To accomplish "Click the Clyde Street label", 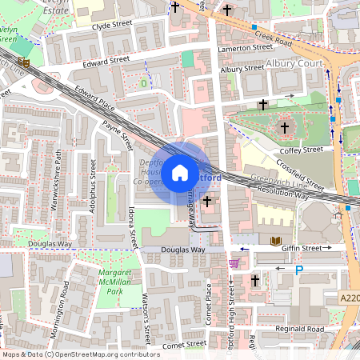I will [x=112, y=25].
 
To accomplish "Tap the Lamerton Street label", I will [x=247, y=48].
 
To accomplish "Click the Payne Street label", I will [x=117, y=136].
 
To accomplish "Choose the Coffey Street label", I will [x=302, y=150].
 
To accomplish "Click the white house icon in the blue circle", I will [x=180, y=172].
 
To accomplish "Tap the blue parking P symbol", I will [x=299, y=270].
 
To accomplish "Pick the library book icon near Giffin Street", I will [x=276, y=241].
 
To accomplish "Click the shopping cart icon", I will [x=234, y=262].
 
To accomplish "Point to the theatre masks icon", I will [x=26, y=62].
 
